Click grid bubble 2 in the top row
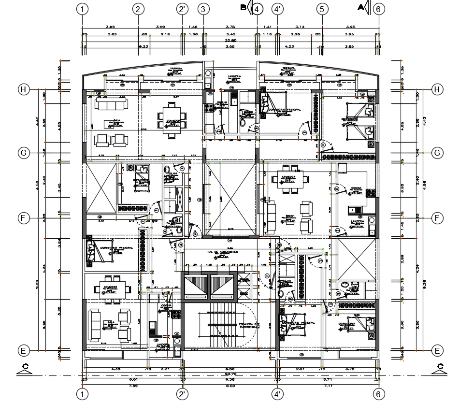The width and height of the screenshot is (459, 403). [138, 9]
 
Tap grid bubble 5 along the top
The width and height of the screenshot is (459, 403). [322, 9]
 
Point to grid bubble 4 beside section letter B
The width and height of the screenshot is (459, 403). [257, 9]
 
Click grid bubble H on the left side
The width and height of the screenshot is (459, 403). [23, 89]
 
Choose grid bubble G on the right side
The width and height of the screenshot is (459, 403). [437, 153]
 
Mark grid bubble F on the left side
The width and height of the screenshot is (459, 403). [23, 218]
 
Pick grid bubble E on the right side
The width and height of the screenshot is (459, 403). [437, 350]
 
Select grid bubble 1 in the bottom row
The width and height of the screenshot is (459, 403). [84, 394]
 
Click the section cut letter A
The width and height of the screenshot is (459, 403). [360, 7]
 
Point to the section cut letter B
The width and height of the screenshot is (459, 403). [243, 7]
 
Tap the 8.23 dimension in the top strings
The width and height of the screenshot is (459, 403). [143, 47]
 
